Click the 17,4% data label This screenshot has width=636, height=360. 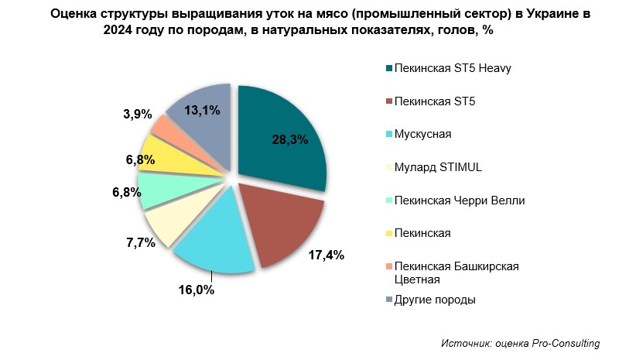(x=327, y=255)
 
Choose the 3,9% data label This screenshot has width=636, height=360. (x=137, y=114)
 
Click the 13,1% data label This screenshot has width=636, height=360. (x=203, y=110)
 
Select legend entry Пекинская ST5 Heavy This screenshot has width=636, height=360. (x=453, y=68)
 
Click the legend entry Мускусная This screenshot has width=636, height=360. (x=422, y=134)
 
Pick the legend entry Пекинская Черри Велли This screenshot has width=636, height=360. (x=460, y=201)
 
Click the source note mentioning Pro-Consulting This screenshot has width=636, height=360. (x=521, y=343)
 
